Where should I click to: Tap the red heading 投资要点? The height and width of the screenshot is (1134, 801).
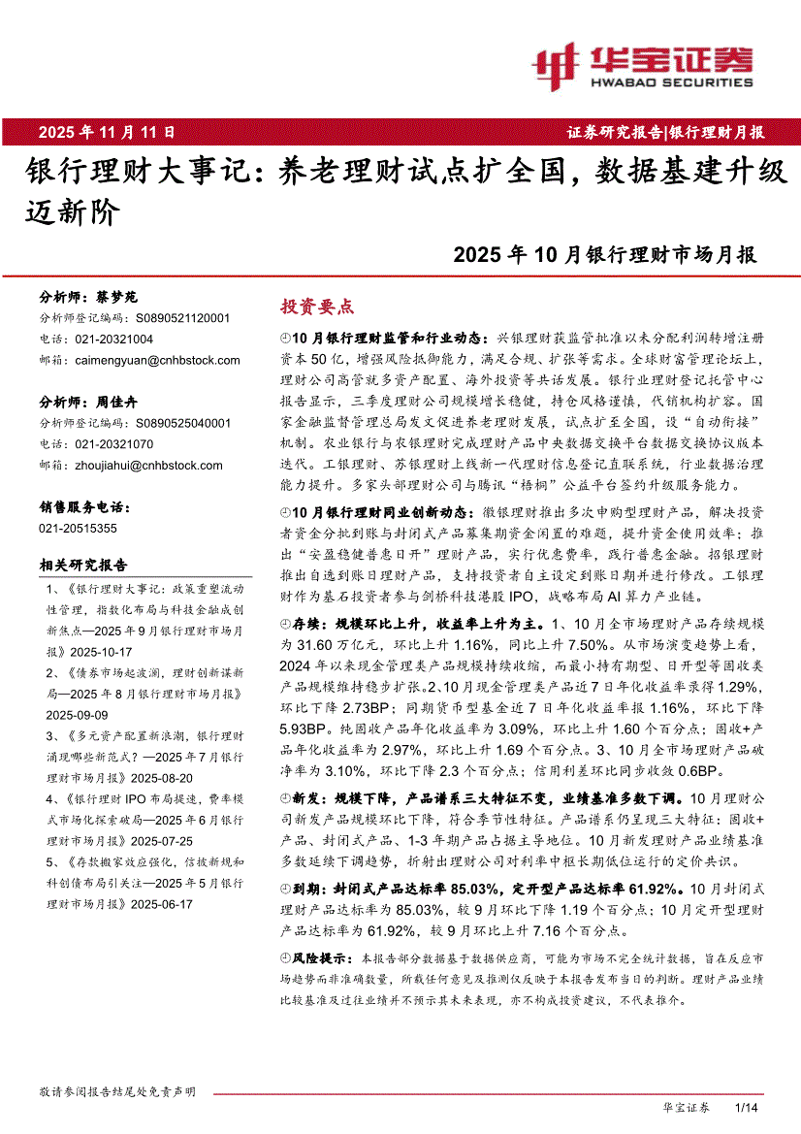[317, 307]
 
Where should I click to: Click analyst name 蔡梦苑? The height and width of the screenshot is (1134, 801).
[116, 297]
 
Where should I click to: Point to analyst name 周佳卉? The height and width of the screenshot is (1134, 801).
[116, 403]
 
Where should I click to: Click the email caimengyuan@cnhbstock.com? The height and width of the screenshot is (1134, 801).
[157, 360]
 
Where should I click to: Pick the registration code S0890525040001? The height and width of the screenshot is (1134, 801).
[182, 423]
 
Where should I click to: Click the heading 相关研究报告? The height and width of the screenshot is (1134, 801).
[82, 565]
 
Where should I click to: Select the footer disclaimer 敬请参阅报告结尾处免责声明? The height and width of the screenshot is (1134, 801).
[116, 1091]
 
